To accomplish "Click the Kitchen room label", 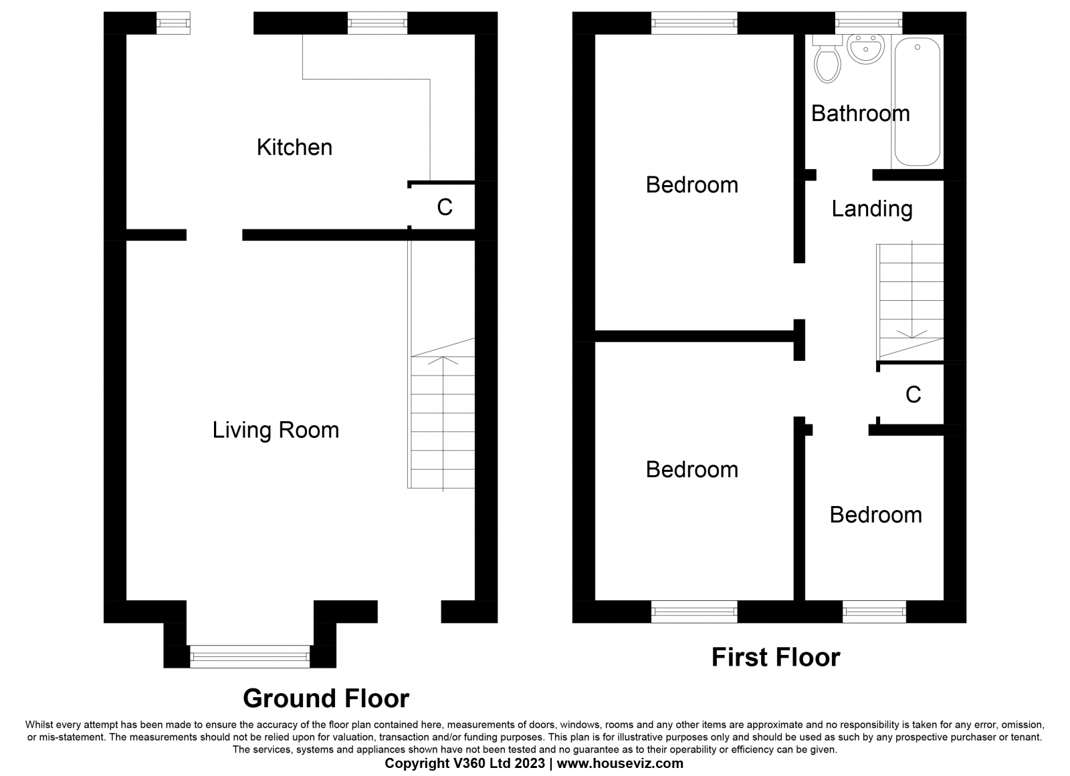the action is tap(294, 147).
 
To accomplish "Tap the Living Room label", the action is tap(276, 430).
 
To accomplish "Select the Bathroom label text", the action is tap(860, 114).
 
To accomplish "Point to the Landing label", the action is tap(872, 209).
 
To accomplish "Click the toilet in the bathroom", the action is tap(827, 59).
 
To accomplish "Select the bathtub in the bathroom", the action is tap(917, 102).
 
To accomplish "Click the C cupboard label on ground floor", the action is tap(445, 207).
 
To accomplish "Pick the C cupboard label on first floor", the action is tap(914, 394).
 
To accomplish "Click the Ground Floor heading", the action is tap(326, 698).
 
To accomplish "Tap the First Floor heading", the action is tap(776, 657).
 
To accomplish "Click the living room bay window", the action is tap(250, 656).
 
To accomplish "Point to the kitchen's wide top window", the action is tap(377, 23).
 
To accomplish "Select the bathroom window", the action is tap(869, 23).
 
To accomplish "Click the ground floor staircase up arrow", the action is tap(443, 424).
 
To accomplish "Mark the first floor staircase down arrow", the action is tap(912, 290).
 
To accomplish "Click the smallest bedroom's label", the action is tap(875, 515).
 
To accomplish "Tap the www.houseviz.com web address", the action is tap(620, 763).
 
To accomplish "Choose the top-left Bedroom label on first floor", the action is tap(692, 184).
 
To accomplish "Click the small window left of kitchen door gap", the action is tap(173, 23).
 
